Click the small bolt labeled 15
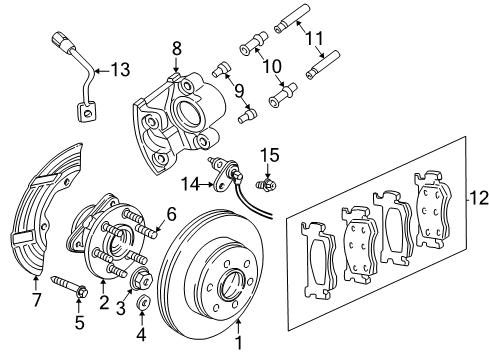(x=267, y=182)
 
